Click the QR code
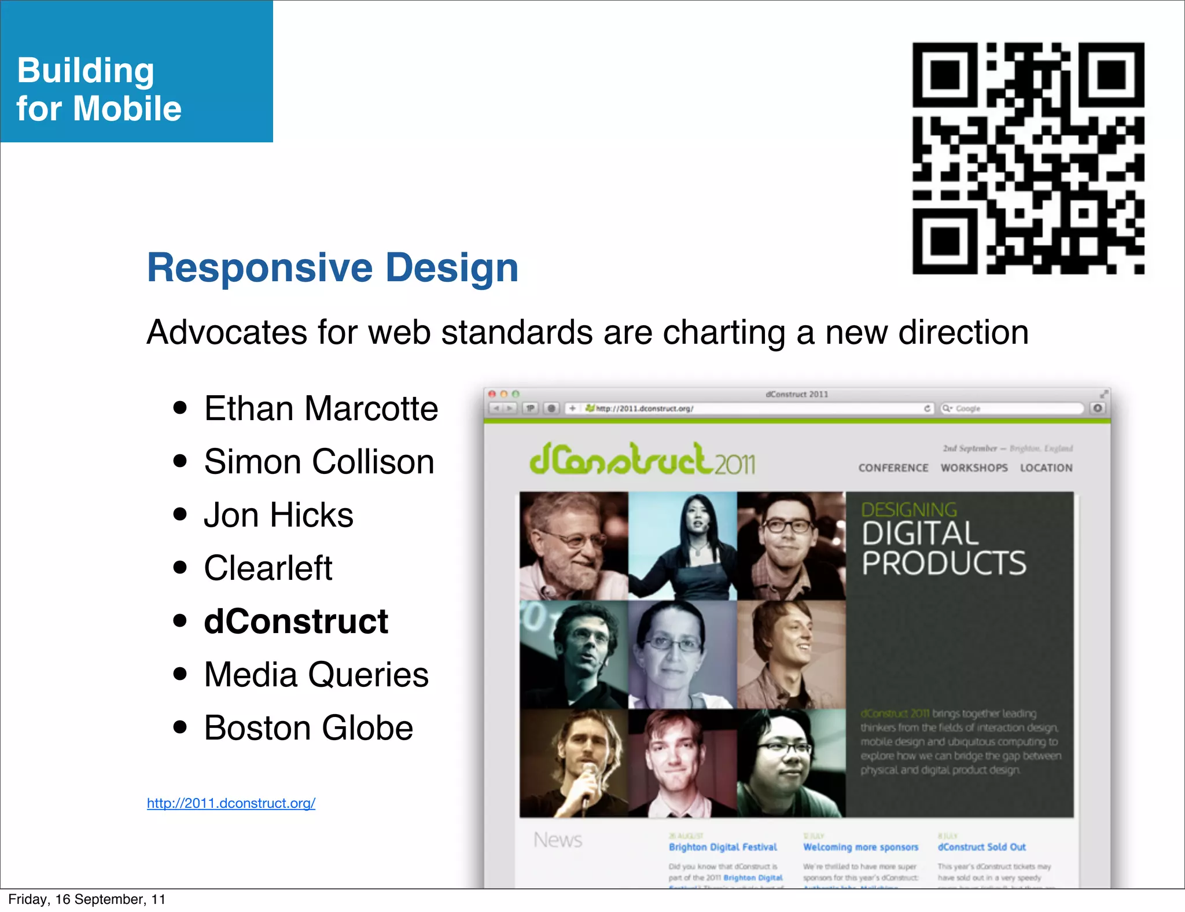coord(1028,158)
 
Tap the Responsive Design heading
coord(333,268)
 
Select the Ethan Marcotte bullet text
coord(321,409)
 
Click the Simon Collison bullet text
coord(319,462)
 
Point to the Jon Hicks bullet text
coord(278,515)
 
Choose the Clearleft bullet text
coord(268,568)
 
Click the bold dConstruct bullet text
coord(296,622)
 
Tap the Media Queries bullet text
coord(316,675)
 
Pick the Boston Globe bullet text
coord(308,728)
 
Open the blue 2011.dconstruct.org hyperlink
coord(231,803)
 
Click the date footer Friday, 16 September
coord(87,899)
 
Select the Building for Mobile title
coord(99,89)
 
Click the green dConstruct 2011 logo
coord(642,460)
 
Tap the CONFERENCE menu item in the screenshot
coord(893,468)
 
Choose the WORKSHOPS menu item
coord(974,468)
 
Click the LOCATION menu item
coord(1046,468)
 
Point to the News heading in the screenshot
coord(557,840)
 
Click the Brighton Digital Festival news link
coord(723,847)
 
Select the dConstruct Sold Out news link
coord(981,847)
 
